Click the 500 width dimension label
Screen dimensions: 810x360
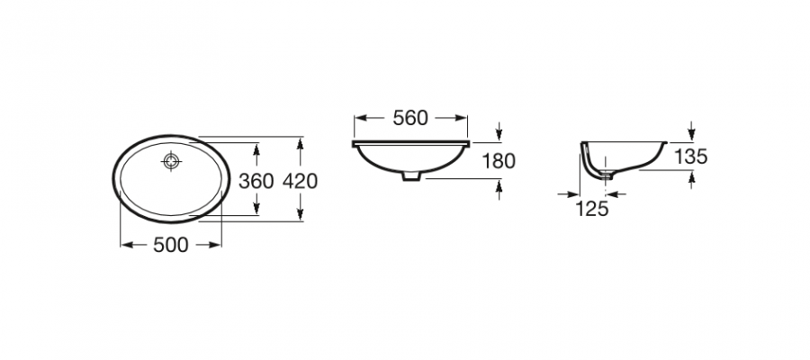(x=171, y=246)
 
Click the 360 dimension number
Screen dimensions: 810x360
(x=256, y=181)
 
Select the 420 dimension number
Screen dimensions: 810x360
(x=301, y=181)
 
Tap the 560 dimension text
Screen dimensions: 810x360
(x=410, y=118)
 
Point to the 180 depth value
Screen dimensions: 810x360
(x=499, y=162)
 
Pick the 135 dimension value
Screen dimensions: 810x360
(x=690, y=157)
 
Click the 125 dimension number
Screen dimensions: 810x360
(x=591, y=209)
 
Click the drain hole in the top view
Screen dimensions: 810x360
(x=171, y=161)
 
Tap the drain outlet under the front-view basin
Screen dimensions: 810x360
(x=411, y=176)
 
